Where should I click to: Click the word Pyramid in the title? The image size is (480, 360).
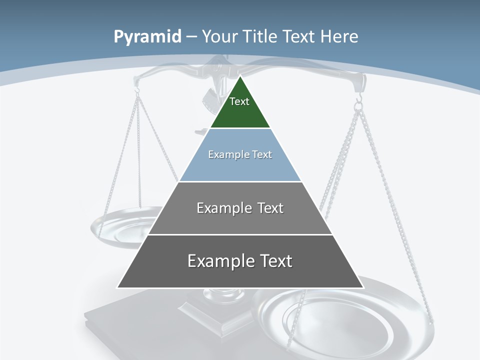tap(147, 37)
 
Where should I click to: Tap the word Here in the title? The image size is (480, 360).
tap(339, 36)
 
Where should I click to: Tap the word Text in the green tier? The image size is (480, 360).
tap(239, 101)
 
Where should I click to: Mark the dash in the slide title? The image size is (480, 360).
tap(191, 37)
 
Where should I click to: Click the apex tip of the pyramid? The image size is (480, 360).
tap(240, 77)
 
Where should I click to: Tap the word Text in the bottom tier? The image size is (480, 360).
tap(273, 261)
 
